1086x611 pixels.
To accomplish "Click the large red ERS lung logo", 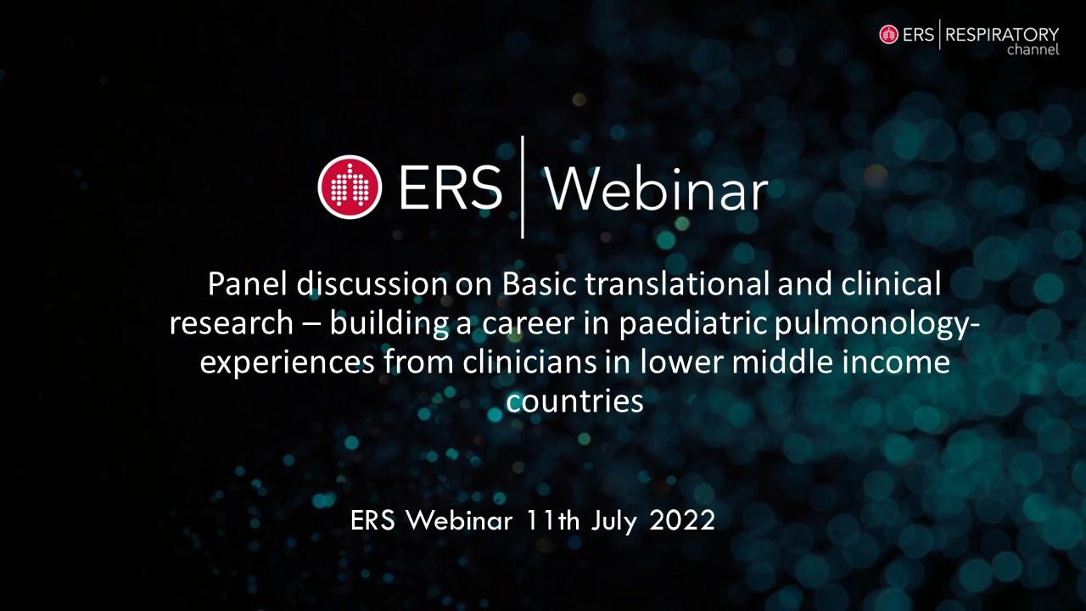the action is tap(350, 188).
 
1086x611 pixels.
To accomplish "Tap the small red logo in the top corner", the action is tap(888, 35).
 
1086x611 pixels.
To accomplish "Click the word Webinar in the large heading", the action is tap(657, 189).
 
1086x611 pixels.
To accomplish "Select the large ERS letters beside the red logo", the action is tap(450, 188).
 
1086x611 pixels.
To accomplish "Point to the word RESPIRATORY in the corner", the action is tap(1002, 35).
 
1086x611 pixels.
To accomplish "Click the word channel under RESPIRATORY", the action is tap(1033, 50).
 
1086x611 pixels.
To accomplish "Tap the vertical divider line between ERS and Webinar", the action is tap(522, 188).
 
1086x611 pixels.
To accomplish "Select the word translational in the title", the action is tap(677, 284).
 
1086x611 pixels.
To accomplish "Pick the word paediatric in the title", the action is tap(694, 325).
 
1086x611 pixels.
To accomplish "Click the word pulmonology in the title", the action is tap(871, 325).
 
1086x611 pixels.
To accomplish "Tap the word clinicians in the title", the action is tap(529, 362).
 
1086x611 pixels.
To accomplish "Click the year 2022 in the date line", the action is tap(682, 521).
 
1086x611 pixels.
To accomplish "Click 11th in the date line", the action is tap(552, 521).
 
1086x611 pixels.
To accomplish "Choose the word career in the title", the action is tap(528, 324).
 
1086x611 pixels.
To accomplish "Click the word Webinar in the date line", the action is tap(459, 521).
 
